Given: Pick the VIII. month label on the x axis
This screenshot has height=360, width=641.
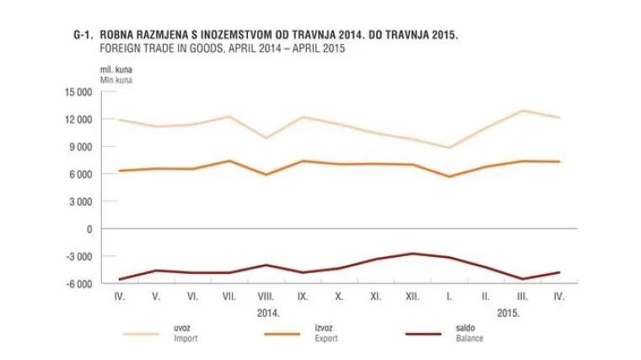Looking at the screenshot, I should click(x=266, y=297).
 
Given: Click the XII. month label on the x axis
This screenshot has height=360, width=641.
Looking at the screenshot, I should click(x=412, y=297).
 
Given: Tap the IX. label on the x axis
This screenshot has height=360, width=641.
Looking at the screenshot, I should click(x=302, y=297).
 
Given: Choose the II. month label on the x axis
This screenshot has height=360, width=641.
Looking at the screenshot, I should click(x=486, y=297).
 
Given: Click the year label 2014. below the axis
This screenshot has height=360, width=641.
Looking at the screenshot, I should click(x=267, y=313).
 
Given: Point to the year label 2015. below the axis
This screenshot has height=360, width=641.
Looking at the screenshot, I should click(x=508, y=313).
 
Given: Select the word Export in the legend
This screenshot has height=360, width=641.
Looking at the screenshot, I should click(x=325, y=339).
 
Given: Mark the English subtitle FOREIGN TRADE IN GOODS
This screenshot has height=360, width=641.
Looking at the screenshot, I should click(x=165, y=50).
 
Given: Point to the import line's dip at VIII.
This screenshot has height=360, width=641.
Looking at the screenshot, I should click(x=266, y=138).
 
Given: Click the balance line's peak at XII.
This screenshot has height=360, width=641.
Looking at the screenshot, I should click(x=412, y=253).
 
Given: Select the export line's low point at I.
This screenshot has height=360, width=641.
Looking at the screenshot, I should click(x=450, y=176).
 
